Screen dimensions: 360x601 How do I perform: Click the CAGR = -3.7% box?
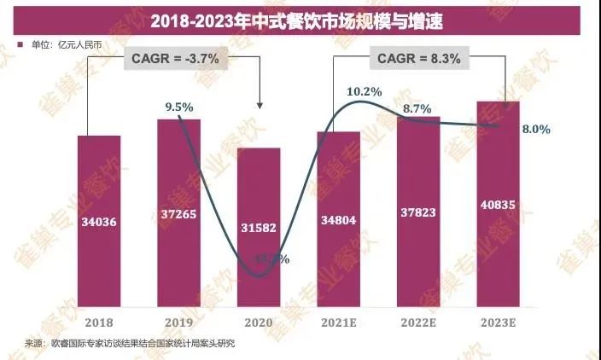(176, 59)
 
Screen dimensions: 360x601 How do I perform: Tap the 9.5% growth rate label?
(179, 107)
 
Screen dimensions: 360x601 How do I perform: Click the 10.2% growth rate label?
(364, 90)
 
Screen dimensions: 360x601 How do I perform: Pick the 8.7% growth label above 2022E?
(417, 108)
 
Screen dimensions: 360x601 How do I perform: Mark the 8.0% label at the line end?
(535, 130)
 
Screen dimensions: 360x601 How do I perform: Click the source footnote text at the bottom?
(128, 343)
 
